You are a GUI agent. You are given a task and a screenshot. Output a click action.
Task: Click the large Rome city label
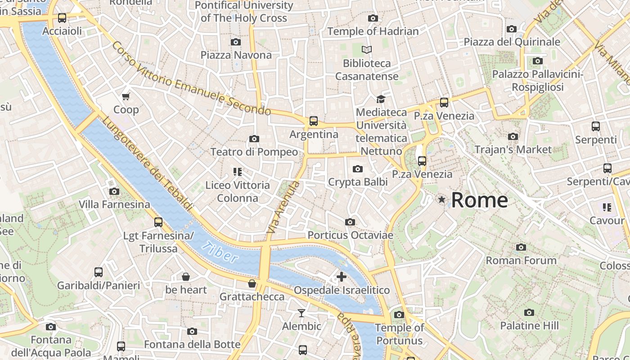tap(479, 200)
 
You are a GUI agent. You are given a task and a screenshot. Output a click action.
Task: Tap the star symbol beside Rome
tap(442, 199)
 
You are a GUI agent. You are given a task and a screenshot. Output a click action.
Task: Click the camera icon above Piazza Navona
tap(235, 42)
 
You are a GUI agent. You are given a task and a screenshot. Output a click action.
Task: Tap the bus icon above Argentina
tap(313, 121)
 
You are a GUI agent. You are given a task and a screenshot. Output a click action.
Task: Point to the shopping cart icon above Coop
tap(126, 96)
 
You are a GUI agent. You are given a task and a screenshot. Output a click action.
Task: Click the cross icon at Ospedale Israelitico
tap(342, 276)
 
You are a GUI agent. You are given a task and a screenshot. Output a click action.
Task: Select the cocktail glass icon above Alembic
tap(301, 313)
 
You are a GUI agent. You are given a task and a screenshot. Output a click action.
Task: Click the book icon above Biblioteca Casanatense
tap(367, 49)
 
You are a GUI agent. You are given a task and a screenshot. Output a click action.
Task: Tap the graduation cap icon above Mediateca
tap(381, 99)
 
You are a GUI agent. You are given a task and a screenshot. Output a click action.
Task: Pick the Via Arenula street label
tap(283, 207)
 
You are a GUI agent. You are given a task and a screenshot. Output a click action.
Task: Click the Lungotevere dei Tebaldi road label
tap(147, 164)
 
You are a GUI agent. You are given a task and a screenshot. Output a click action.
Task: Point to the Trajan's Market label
tap(513, 149)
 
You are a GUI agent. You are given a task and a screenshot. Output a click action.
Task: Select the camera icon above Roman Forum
tap(521, 247)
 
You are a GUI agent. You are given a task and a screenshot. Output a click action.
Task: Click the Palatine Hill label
tap(529, 325)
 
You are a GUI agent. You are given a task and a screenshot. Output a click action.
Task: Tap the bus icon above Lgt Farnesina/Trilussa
tap(158, 222)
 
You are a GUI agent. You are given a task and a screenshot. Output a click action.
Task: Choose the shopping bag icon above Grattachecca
tap(252, 283)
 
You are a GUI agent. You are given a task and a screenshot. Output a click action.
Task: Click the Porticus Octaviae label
tap(350, 235)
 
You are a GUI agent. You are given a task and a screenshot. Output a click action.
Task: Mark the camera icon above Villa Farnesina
tap(114, 191)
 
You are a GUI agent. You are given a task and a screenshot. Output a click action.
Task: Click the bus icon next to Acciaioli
tap(62, 18)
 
